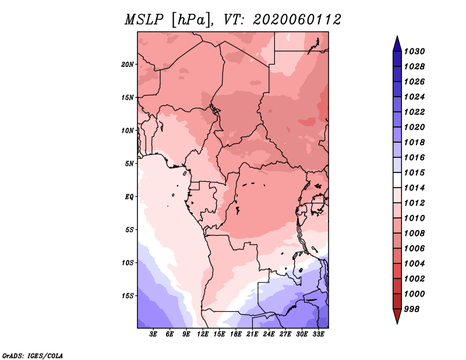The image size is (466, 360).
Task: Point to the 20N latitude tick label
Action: click(128, 64)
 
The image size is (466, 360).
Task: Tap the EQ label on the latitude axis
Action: click(129, 196)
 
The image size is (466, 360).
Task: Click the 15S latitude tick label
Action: click(128, 295)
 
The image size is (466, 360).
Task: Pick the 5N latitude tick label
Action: click(129, 163)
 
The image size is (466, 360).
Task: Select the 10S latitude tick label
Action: click(128, 262)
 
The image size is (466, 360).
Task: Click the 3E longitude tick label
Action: click(154, 334)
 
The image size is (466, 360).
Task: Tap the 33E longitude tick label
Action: click(319, 334)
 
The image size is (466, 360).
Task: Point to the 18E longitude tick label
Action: click(236, 334)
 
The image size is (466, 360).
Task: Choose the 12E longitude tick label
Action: click(203, 334)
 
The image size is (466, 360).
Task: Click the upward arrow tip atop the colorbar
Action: click(396, 38)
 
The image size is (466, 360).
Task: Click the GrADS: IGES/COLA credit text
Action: click(33, 355)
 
